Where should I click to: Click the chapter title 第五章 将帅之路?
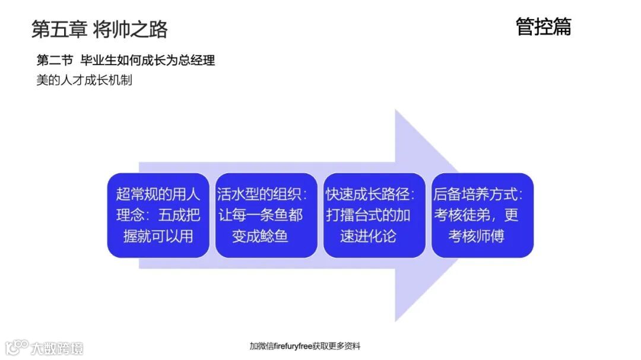tap(99, 29)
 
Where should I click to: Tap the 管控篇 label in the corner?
tap(543, 27)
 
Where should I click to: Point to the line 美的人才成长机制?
tap(84, 80)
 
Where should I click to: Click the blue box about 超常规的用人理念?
tap(158, 215)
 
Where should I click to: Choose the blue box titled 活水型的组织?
tap(266, 215)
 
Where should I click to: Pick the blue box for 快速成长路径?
tap(374, 215)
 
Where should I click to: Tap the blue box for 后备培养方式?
tap(482, 215)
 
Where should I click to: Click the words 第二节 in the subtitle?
tap(55, 60)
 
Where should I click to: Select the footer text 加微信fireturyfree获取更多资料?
tap(304, 346)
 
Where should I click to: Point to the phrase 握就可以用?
tap(158, 236)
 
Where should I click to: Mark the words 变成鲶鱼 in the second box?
tap(260, 236)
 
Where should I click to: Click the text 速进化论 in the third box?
tap(368, 236)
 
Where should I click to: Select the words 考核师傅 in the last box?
tap(476, 236)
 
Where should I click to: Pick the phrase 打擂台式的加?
tap(368, 215)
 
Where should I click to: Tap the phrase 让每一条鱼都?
tap(260, 215)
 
